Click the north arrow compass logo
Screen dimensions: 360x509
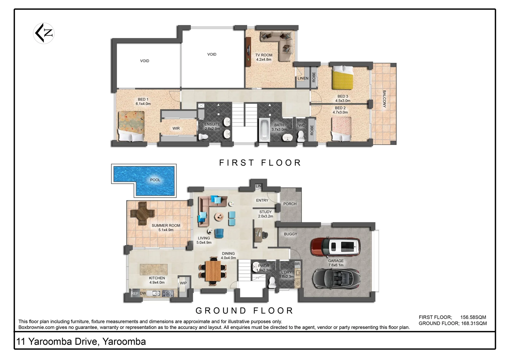tap(44, 33)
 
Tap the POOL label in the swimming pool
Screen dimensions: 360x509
tap(155, 180)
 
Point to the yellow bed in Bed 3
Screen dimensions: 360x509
tap(342, 78)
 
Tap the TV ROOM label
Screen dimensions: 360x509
tap(264, 55)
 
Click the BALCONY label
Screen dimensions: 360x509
tap(384, 99)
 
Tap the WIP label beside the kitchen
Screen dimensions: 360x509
tap(183, 283)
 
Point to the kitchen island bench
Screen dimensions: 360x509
tap(154, 269)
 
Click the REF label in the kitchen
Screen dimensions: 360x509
tap(135, 294)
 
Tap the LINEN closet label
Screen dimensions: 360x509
tap(303, 79)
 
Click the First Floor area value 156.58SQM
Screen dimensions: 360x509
tap(473, 317)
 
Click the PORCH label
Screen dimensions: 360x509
tap(290, 204)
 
